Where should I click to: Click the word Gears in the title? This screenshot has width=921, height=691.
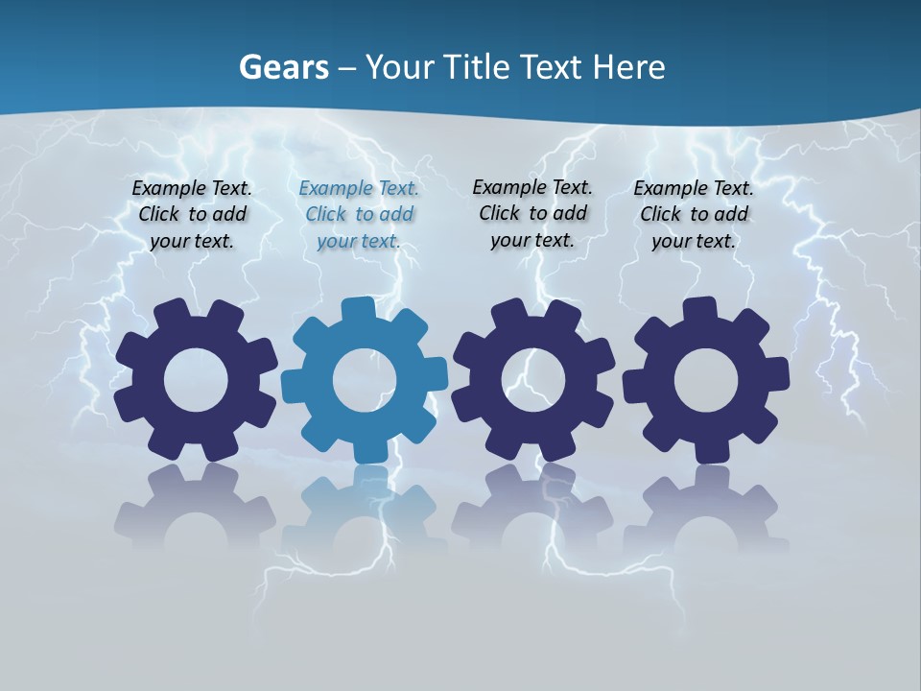coord(284,68)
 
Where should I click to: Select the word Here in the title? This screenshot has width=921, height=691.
coord(628,67)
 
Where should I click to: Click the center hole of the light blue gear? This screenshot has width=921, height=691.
coord(365,381)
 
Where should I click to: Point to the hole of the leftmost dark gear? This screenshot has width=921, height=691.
coord(196,381)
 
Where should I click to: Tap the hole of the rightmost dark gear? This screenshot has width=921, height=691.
coord(706,381)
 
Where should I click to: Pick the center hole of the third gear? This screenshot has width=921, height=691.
coord(533,381)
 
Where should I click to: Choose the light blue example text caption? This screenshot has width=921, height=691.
coord(359,215)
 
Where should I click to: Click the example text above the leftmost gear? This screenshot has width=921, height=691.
coord(192,215)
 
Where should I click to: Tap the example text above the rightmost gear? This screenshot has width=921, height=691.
coord(694,215)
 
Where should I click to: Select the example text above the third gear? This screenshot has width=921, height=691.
coord(532,213)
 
